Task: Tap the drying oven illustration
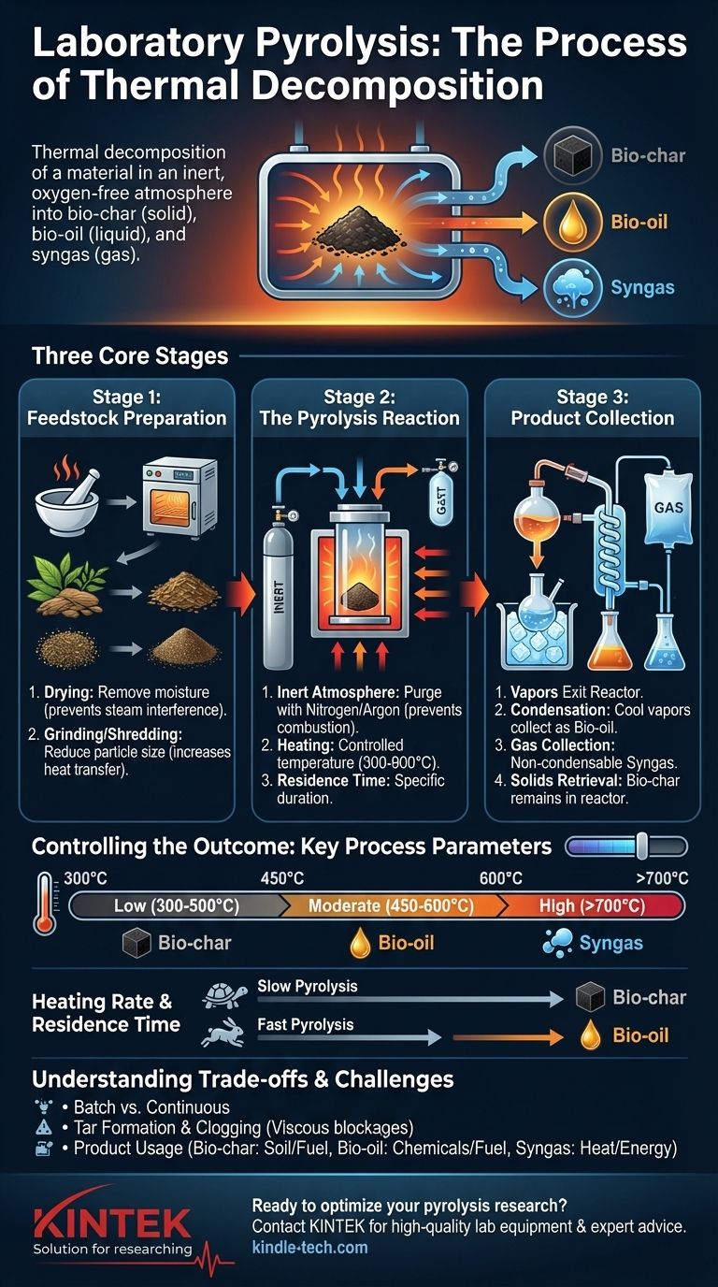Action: (179, 496)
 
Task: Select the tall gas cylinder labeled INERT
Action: (278, 594)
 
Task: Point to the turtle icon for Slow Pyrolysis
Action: (224, 997)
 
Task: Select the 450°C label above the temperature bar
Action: (282, 878)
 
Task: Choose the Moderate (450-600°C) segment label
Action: (391, 906)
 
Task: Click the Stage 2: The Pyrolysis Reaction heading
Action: (360, 408)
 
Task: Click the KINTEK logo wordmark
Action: (112, 1222)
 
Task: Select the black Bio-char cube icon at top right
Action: (573, 154)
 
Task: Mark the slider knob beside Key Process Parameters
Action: (641, 846)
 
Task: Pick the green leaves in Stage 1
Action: (66, 576)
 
